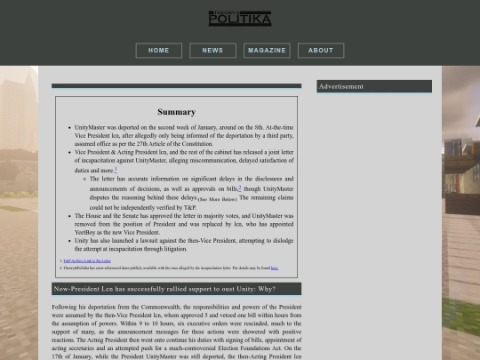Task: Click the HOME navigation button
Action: click(158, 51)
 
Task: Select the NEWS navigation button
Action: click(212, 51)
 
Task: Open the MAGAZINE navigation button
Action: click(267, 51)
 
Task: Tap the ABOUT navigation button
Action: click(320, 51)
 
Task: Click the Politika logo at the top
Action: click(239, 18)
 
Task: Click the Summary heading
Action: click(176, 112)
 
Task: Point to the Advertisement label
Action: click(341, 86)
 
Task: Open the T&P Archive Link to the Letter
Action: click(87, 260)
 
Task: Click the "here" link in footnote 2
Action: click(275, 268)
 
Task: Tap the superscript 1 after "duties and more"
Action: click(116, 168)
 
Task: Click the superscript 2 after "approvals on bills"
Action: click(239, 187)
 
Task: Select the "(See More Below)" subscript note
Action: click(217, 200)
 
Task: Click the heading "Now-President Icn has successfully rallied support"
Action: click(164, 289)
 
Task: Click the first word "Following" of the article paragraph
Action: click(67, 308)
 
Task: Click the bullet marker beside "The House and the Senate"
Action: click(69, 215)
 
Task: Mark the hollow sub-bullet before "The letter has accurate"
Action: click(84, 179)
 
